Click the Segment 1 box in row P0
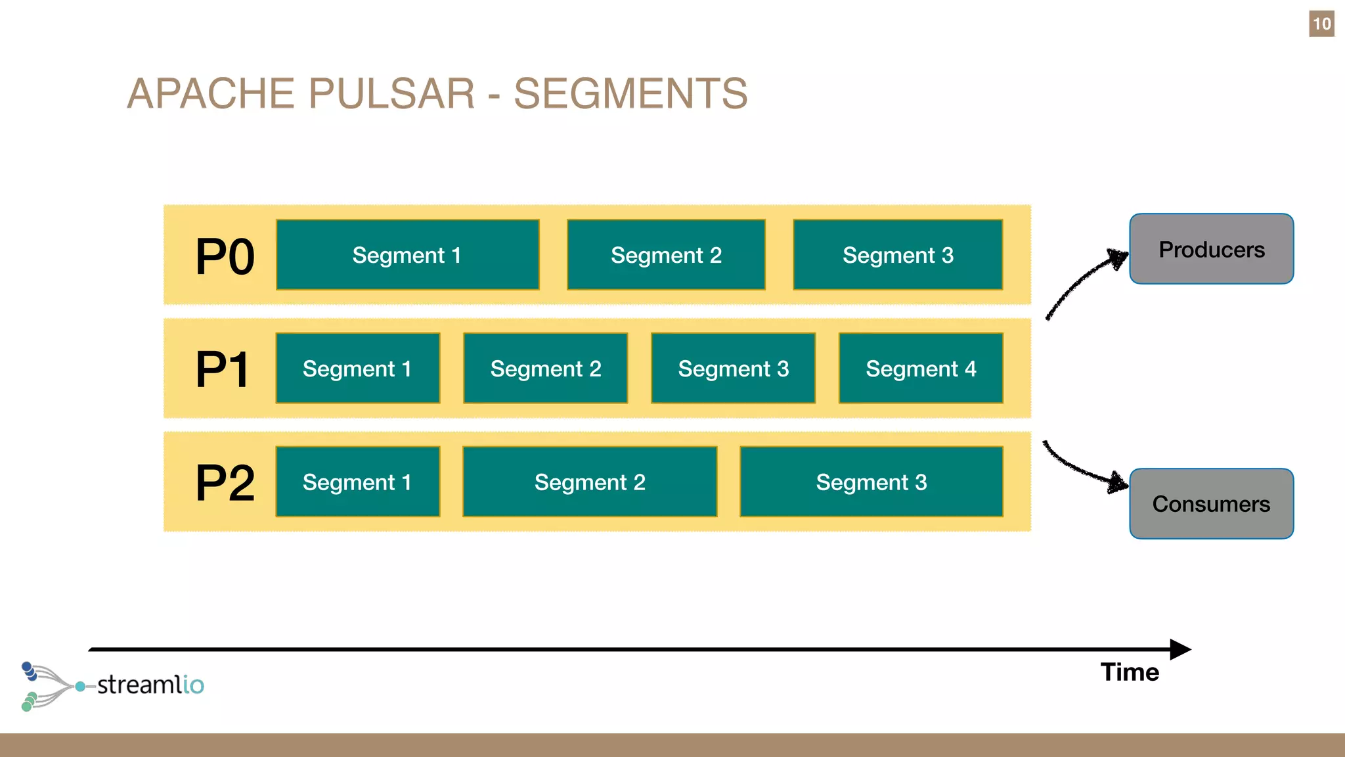tap(407, 255)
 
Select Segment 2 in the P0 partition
tap(666, 255)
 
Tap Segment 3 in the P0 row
tap(898, 255)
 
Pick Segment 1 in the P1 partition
tap(357, 369)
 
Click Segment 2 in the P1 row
tap(545, 369)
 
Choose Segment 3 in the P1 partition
tap(733, 369)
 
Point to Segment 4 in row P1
tap(921, 369)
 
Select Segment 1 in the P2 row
tap(357, 482)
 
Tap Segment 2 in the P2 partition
tap(590, 482)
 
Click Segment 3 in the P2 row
tap(871, 482)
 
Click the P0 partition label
tap(225, 256)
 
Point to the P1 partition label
tap(222, 369)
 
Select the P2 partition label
tap(225, 483)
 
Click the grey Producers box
tap(1212, 249)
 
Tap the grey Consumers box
tap(1212, 504)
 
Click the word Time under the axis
tap(1130, 672)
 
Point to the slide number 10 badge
tap(1321, 24)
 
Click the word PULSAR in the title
tap(391, 93)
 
